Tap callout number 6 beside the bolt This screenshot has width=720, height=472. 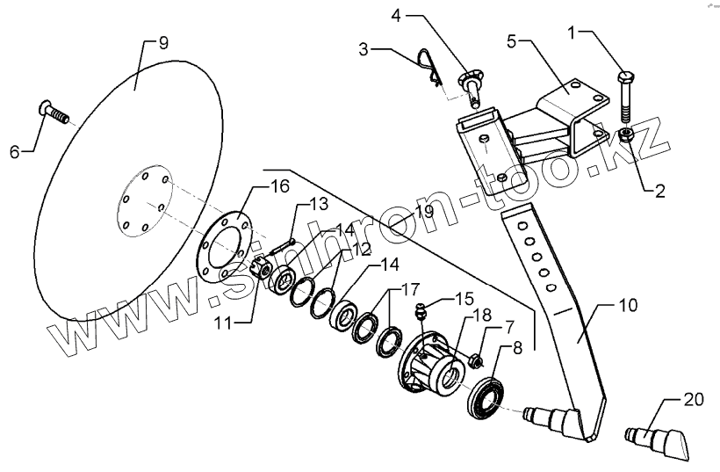15,151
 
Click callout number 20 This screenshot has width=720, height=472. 694,400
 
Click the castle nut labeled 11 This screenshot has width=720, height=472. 260,271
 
